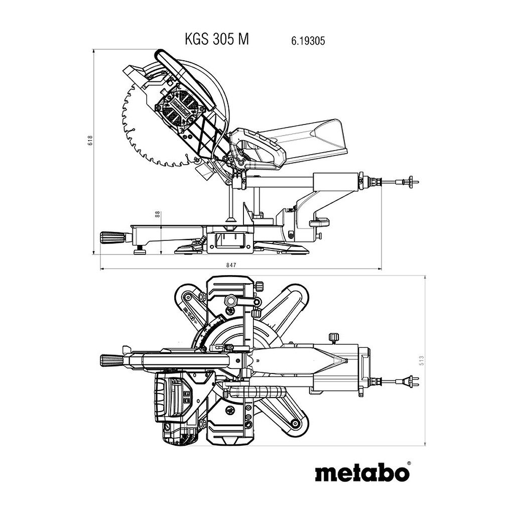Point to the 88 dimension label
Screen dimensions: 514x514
[157, 214]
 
